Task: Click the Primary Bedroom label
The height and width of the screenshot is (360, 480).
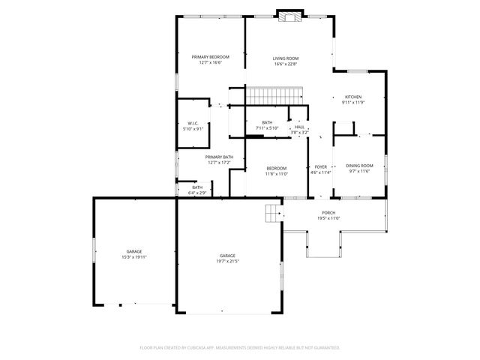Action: point(210,57)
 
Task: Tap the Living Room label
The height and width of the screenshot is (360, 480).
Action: point(285,58)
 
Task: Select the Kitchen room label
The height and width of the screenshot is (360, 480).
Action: point(353,97)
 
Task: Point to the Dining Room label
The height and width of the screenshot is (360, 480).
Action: point(358,165)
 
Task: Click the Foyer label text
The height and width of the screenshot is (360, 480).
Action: point(321,167)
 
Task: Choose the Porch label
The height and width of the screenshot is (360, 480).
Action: point(328,214)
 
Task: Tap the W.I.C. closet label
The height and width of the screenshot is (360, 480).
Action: point(193,124)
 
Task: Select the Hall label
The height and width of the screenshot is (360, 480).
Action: point(299,127)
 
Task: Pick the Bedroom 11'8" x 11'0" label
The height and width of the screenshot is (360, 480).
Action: point(276,168)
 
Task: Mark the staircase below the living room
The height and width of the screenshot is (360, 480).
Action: point(274,96)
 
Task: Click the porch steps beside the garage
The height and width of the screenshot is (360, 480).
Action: point(271,214)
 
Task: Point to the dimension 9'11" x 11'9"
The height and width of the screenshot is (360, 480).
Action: point(353,103)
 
